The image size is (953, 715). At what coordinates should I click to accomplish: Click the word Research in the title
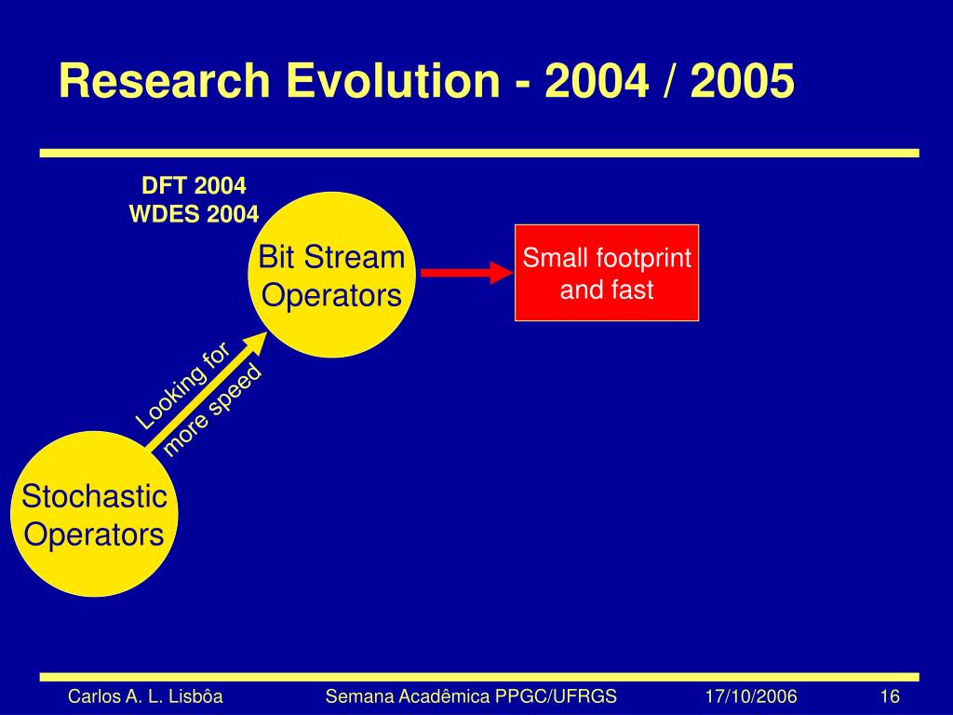tap(165, 80)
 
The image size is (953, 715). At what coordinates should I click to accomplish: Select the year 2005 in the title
tap(742, 80)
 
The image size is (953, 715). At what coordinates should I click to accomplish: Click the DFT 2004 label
tap(194, 185)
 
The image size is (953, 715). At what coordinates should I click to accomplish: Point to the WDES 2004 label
tap(194, 214)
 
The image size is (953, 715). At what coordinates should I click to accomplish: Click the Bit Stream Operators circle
tap(332, 275)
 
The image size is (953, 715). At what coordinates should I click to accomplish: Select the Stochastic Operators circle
tap(94, 514)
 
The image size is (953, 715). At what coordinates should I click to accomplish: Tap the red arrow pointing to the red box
tap(467, 273)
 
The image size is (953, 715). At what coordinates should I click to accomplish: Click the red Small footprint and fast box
tap(607, 273)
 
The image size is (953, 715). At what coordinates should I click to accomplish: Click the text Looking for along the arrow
tap(183, 385)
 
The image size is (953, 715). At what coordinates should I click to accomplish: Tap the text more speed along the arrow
tap(212, 410)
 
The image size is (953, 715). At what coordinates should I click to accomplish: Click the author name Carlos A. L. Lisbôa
tap(145, 696)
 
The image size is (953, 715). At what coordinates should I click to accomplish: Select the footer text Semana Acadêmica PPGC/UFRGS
tap(471, 696)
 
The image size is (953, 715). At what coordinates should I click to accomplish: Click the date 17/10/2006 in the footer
tap(751, 696)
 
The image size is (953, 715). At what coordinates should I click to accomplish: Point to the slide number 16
tap(889, 696)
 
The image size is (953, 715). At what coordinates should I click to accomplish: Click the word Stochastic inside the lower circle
tap(94, 496)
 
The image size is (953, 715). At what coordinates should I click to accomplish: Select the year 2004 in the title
tap(597, 80)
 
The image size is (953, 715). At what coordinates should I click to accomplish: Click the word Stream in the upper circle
tap(355, 257)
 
